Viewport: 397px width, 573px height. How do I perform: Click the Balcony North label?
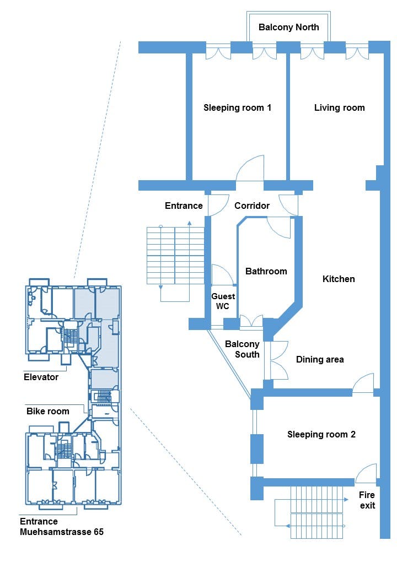pyautogui.click(x=288, y=27)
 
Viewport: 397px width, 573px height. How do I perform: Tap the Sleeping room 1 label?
pyautogui.click(x=237, y=108)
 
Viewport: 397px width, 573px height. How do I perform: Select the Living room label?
pyautogui.click(x=339, y=108)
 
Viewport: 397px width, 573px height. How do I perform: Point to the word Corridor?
pyautogui.click(x=252, y=206)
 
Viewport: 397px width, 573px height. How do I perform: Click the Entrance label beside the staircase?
pyautogui.click(x=184, y=206)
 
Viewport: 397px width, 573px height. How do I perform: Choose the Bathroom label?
pyautogui.click(x=266, y=271)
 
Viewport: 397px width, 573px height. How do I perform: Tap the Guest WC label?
pyautogui.click(x=223, y=301)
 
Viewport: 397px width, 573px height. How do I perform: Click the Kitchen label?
pyautogui.click(x=339, y=279)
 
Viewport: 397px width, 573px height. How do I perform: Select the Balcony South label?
pyautogui.click(x=243, y=349)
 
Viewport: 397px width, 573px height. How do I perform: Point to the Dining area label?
pyautogui.click(x=320, y=360)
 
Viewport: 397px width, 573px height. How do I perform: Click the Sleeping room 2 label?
pyautogui.click(x=321, y=435)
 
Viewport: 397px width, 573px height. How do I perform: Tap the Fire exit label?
pyautogui.click(x=367, y=500)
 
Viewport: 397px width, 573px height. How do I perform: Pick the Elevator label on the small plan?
pyautogui.click(x=41, y=377)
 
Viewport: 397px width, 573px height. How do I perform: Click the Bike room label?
pyautogui.click(x=48, y=411)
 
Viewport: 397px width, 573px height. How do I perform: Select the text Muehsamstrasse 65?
pyautogui.click(x=62, y=532)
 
